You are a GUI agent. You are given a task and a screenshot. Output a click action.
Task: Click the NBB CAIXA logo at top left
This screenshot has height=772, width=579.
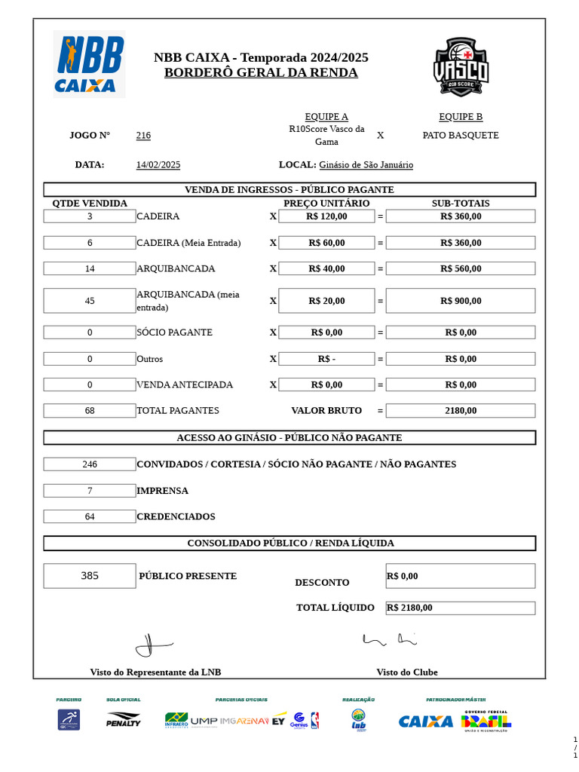tap(89, 64)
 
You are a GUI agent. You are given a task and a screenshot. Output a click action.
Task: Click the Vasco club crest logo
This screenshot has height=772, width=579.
tap(461, 66)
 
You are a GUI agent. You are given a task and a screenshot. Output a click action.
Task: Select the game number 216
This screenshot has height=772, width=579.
tap(143, 136)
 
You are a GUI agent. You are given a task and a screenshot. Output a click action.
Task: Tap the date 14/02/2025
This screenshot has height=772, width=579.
tap(158, 165)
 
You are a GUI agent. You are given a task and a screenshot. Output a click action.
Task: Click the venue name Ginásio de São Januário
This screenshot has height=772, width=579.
tap(366, 165)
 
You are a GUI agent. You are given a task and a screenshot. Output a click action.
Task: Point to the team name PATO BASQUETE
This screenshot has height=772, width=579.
tap(461, 136)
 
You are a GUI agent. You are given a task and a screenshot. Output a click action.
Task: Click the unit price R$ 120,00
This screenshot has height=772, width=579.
tap(326, 216)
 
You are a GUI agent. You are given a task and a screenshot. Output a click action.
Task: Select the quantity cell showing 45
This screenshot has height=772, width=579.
tap(90, 301)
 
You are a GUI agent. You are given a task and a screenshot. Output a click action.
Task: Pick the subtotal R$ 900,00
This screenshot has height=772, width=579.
tap(461, 301)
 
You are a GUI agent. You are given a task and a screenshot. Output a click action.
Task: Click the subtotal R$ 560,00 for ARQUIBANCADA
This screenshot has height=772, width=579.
tap(461, 268)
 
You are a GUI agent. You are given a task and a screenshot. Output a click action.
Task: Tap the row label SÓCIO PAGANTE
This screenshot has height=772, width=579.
tap(174, 332)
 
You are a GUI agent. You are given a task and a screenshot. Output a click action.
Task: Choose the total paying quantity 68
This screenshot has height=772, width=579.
tap(90, 411)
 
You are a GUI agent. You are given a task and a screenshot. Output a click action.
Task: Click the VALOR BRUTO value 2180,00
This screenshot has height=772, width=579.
tap(461, 411)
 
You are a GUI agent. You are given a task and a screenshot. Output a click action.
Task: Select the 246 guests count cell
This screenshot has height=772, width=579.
tap(90, 464)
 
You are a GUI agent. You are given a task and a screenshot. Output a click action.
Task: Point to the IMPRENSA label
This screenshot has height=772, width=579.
tap(162, 491)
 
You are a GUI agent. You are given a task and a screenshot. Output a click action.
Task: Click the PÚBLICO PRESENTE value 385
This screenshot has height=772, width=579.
tap(90, 576)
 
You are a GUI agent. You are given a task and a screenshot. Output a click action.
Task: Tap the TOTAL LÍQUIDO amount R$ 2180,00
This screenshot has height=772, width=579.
tap(410, 608)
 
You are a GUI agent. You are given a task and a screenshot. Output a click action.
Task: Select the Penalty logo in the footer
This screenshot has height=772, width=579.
tap(123, 720)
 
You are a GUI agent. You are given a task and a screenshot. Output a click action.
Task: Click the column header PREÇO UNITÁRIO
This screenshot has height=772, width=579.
tap(326, 204)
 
